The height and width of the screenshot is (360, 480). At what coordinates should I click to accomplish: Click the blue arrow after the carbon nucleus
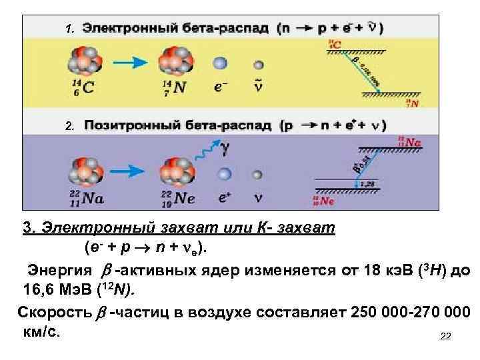(x=129, y=62)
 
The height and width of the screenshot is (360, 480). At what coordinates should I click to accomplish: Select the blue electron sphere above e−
(x=221, y=64)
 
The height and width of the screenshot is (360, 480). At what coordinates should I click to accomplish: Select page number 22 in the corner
(x=446, y=337)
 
